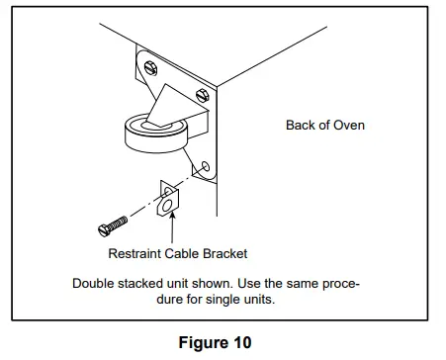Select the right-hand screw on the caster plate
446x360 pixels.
tap(203, 96)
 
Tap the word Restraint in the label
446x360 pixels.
tap(135, 252)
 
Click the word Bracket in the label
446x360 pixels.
tap(228, 252)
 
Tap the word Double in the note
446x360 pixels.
tap(94, 283)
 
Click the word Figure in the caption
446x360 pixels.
tap(203, 343)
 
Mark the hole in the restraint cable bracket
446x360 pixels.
tap(169, 205)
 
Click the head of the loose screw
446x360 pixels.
tap(102, 229)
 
